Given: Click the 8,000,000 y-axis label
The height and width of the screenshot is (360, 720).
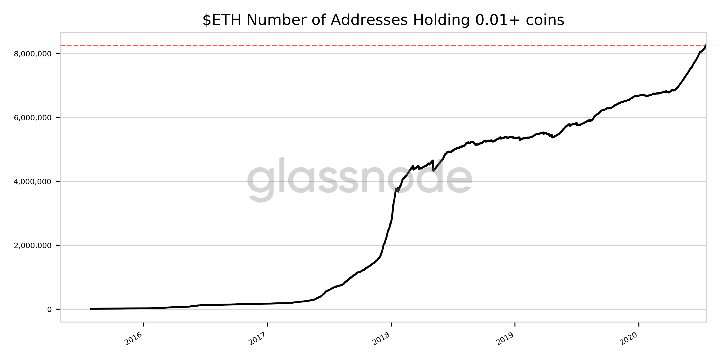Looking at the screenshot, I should [33, 54].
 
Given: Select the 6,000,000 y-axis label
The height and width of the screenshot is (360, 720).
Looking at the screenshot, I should [33, 118].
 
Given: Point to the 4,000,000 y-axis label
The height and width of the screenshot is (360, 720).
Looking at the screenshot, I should [33, 181].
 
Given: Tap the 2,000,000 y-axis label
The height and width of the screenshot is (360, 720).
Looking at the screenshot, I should [33, 245].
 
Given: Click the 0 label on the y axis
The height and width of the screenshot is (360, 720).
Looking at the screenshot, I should [49, 309].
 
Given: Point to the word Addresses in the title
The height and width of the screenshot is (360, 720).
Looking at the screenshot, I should [369, 20].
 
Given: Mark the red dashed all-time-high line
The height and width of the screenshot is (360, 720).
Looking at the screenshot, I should [360, 46].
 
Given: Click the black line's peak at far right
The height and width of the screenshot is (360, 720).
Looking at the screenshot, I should [706, 46].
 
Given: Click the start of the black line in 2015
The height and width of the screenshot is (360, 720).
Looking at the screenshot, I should [91, 309].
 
